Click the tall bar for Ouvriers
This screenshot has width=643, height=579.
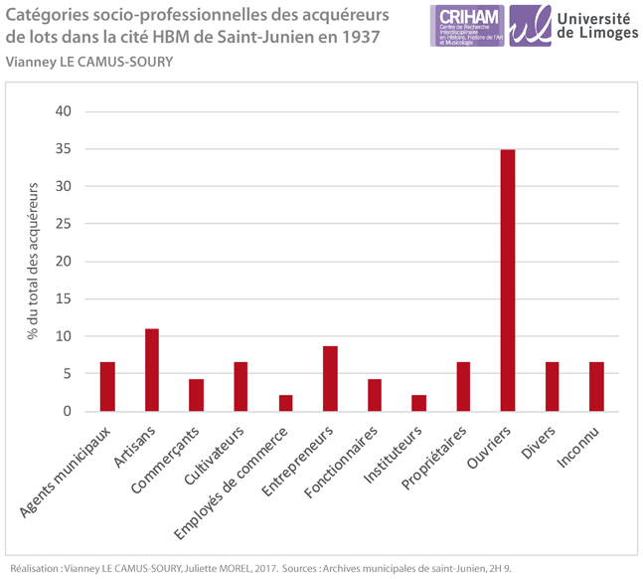point(507,280)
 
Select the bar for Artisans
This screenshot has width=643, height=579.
point(151,369)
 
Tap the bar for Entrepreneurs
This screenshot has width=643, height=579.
point(329,378)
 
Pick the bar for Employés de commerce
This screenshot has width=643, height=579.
point(285,403)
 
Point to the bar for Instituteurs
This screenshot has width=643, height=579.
point(418,403)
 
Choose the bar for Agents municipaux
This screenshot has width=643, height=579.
point(107,386)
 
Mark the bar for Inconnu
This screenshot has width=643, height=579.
point(596,386)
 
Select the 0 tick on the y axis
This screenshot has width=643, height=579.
point(67,411)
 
